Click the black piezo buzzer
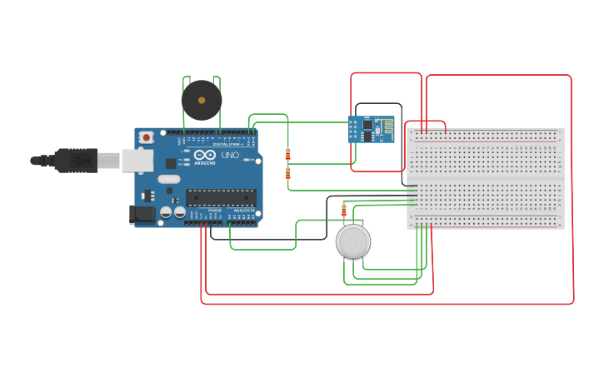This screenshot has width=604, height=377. click(x=202, y=101)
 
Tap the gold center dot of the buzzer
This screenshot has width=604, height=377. click(x=202, y=101)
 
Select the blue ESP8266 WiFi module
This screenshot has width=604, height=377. click(x=372, y=130)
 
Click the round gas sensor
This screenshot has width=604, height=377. click(x=353, y=241)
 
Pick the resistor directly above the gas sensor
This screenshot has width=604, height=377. click(x=344, y=211)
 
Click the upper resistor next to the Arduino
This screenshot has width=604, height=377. click(x=288, y=154)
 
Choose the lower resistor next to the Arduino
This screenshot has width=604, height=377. click(x=288, y=173)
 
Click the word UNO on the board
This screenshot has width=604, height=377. click(x=230, y=156)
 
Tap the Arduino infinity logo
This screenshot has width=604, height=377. click(x=205, y=155)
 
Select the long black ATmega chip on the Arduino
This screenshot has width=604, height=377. click(x=221, y=198)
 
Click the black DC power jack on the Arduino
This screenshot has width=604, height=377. click(x=143, y=215)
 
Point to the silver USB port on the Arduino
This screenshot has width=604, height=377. click(x=137, y=160)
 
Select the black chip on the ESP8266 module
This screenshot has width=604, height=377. click(x=367, y=125)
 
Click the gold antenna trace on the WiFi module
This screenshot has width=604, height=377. click(x=387, y=126)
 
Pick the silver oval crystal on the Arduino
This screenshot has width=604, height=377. click(x=169, y=179)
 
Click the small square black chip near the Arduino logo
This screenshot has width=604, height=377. click(x=171, y=164)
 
